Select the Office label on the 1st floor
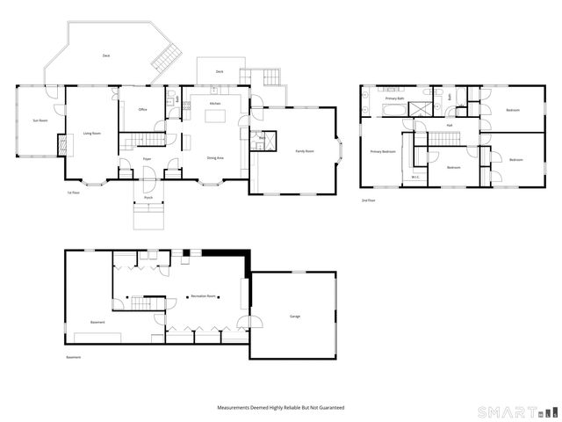(x=142, y=110)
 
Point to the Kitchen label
(x=214, y=104)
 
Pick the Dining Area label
(x=214, y=157)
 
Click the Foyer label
(x=148, y=159)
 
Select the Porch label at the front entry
(x=148, y=198)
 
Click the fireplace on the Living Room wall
(x=61, y=145)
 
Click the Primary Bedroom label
(x=383, y=151)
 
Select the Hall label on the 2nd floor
(x=449, y=125)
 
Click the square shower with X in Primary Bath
(x=422, y=109)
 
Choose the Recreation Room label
(x=204, y=296)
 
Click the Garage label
(x=295, y=316)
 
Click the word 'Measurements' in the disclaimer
(x=236, y=408)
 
